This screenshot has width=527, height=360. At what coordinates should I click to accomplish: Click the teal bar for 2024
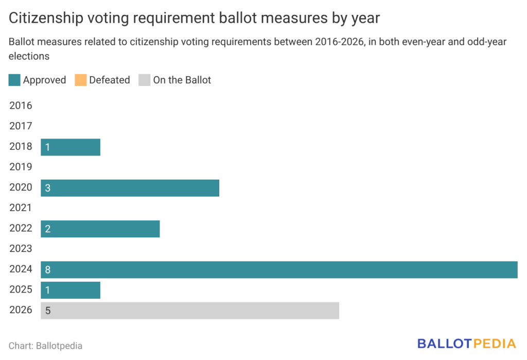tap(279, 270)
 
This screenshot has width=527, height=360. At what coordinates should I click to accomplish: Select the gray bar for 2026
tap(190, 311)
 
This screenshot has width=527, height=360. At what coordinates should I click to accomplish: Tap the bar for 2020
tap(130, 188)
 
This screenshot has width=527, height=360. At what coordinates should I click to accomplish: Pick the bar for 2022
tap(100, 229)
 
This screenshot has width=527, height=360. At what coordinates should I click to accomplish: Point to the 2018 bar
tap(71, 147)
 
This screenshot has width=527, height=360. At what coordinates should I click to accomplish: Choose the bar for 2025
tap(71, 290)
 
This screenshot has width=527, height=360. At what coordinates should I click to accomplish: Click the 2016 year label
tap(21, 106)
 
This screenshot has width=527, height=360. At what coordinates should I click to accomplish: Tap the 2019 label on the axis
tap(21, 167)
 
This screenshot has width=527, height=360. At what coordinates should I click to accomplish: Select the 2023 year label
tap(21, 249)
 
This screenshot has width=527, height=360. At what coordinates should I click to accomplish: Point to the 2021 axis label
tap(21, 209)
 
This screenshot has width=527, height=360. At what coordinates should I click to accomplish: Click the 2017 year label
tap(21, 127)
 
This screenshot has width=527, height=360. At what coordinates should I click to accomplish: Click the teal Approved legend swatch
tap(14, 80)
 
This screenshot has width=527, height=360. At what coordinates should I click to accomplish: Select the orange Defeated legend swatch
tap(80, 80)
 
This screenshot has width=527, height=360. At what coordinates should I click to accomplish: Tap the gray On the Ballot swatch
tap(145, 80)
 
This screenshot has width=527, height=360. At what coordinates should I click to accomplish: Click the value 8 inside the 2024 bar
tap(48, 270)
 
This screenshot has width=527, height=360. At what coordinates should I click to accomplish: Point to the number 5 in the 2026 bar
tap(48, 311)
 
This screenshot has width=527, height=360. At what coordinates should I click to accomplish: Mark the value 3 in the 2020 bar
tap(48, 188)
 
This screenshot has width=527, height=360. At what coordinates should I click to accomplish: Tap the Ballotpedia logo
tap(466, 344)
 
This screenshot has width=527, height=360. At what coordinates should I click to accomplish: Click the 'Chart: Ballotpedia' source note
tap(45, 346)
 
